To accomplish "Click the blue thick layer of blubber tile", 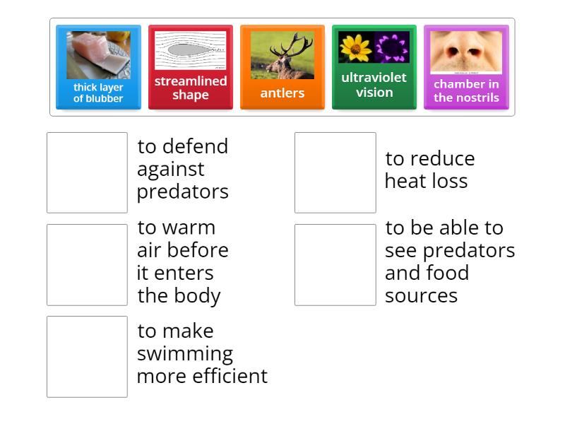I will click(x=98, y=68).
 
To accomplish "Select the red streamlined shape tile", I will click(x=190, y=68).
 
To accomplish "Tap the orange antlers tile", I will click(x=282, y=68).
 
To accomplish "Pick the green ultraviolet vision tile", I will click(x=374, y=68).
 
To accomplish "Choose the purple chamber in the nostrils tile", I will click(x=465, y=68).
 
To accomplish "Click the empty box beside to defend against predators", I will click(x=87, y=172).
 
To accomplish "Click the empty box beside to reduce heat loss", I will click(x=335, y=172).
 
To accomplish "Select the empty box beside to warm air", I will click(x=87, y=264).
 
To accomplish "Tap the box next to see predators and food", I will click(x=335, y=264).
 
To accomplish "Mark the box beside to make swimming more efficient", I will click(x=87, y=356).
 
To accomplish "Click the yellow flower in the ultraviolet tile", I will click(x=355, y=47).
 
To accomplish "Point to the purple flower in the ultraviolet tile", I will click(x=392, y=47).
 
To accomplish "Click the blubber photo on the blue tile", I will click(x=98, y=55).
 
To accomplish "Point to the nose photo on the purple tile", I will click(x=465, y=52).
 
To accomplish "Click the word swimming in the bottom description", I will click(x=184, y=353).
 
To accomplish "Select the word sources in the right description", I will click(x=421, y=295).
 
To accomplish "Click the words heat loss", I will click(x=426, y=181).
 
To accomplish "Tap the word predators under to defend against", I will click(x=182, y=192).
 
